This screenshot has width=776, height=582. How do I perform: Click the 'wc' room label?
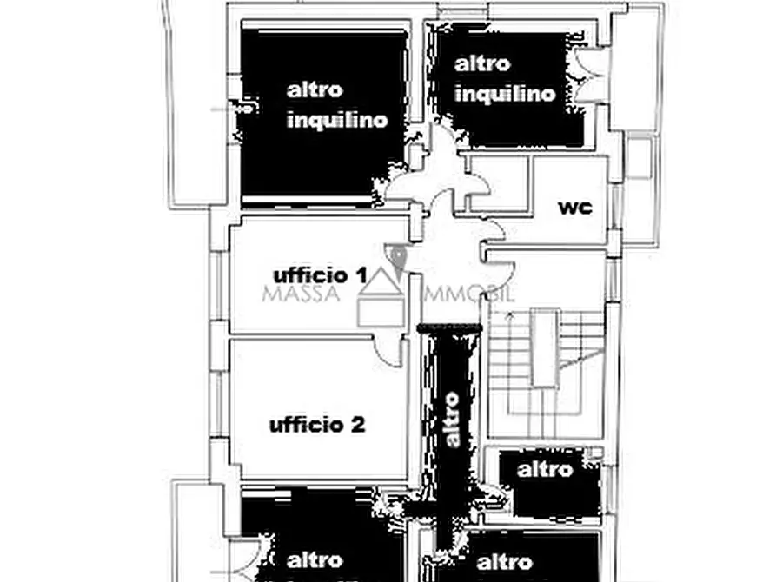pos(574,208)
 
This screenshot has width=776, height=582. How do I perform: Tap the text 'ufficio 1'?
pos(319,275)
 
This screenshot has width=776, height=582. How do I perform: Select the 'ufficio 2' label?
pos(316,425)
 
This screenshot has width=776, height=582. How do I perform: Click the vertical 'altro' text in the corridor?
pos(451,420)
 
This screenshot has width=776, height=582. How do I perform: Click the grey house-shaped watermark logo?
pos(382,301)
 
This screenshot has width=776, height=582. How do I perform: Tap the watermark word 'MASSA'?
pos(301,294)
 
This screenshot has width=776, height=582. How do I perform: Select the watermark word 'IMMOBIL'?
pos(467,294)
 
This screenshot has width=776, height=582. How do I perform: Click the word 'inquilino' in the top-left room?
pos(337,121)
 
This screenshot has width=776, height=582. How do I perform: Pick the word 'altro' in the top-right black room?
pos(482,63)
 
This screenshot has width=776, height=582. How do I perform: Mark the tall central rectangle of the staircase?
pos(544,347)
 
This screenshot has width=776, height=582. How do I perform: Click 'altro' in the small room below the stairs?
pos(545,470)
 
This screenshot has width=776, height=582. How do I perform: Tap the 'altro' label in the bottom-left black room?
pos(314,559)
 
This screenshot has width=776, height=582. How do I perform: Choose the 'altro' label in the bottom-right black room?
pos(505,562)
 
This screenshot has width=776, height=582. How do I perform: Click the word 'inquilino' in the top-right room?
pos(505,93)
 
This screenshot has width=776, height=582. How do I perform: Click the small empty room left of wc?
pos(497,183)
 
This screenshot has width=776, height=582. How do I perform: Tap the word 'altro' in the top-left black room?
pos(315,89)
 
